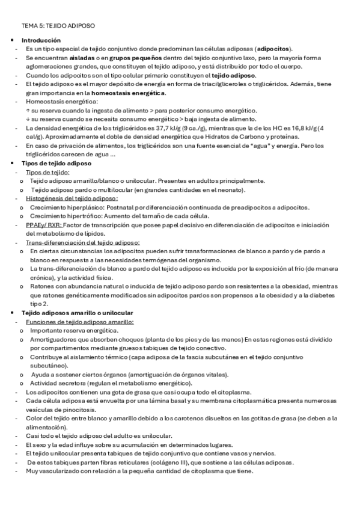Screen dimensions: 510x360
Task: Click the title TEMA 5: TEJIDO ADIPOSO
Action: coord(58,26)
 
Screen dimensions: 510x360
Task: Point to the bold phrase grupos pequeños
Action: coord(124,58)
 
